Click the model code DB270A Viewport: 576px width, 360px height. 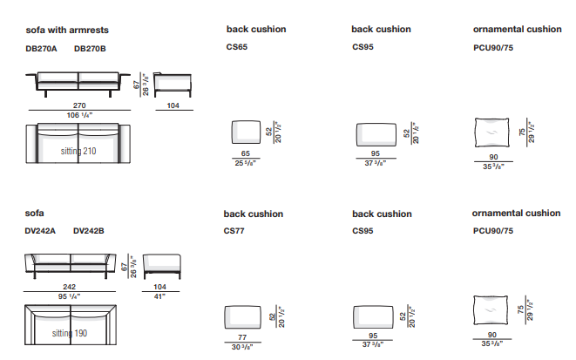pos(41,49)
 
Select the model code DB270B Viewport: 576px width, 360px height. pos(90,49)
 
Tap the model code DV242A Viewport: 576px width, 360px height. pos(41,231)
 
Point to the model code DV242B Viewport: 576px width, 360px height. pos(90,231)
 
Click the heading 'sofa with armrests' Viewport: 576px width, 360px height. pos(67,30)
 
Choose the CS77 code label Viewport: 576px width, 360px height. pos(235,231)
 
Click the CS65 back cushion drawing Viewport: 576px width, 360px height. pos(246,132)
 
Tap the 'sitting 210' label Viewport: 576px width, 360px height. pos(78,151)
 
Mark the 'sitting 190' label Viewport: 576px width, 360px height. pos(70,334)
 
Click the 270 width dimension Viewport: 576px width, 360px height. pos(78,105)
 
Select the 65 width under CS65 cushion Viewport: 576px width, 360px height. pos(246,154)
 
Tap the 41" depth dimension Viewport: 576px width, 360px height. pos(160,295)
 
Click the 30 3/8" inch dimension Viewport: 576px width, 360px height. pos(242,346)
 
